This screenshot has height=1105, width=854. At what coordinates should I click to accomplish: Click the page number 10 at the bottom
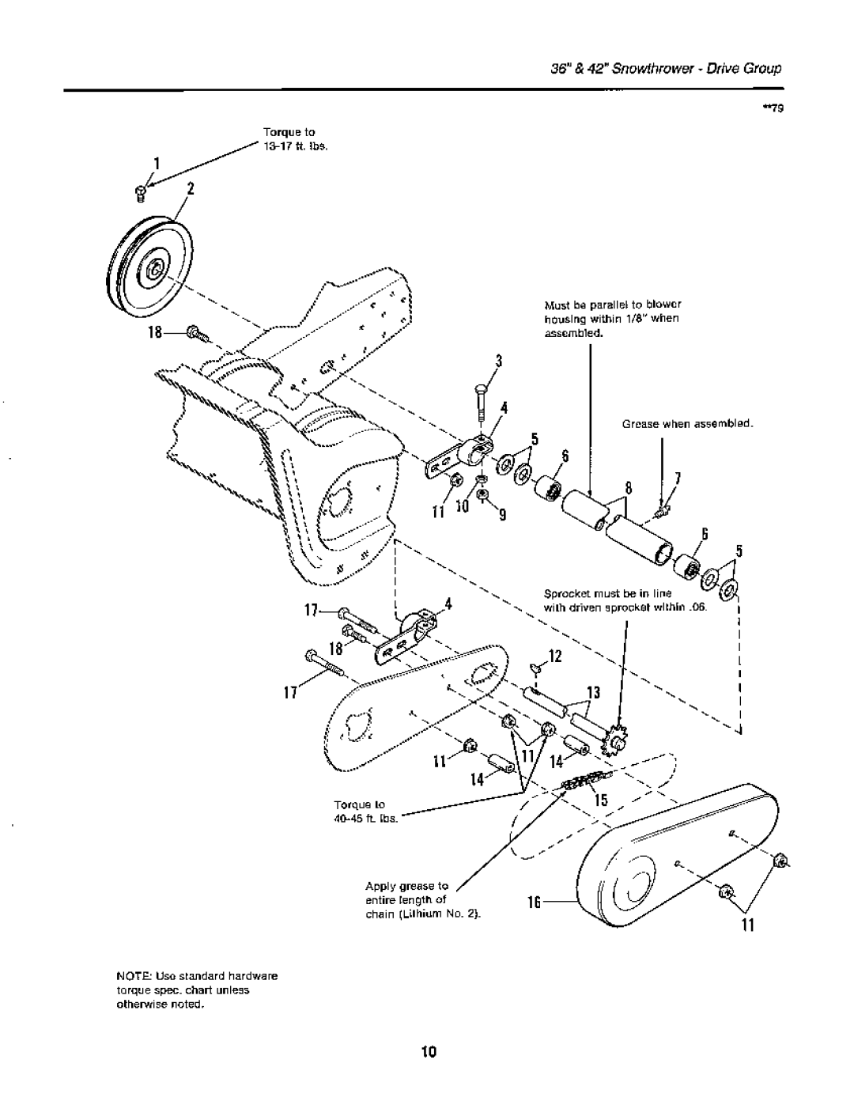pos(427,1051)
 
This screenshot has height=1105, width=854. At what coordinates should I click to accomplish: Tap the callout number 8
pos(630,489)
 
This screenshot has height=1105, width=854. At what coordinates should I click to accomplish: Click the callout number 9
pos(501,516)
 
